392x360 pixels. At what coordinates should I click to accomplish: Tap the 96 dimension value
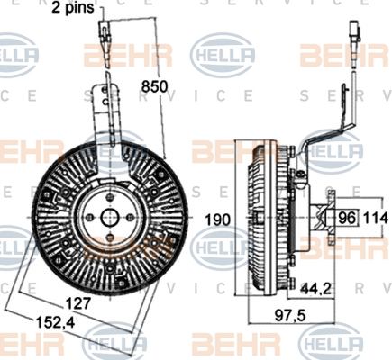click(348, 217)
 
